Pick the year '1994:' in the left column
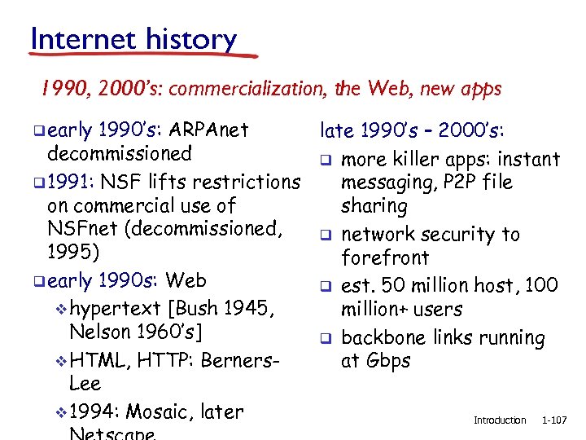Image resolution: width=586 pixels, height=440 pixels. click(x=95, y=412)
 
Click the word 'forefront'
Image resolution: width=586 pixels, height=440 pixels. click(x=385, y=258)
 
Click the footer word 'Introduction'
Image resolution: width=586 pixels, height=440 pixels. click(x=500, y=420)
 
